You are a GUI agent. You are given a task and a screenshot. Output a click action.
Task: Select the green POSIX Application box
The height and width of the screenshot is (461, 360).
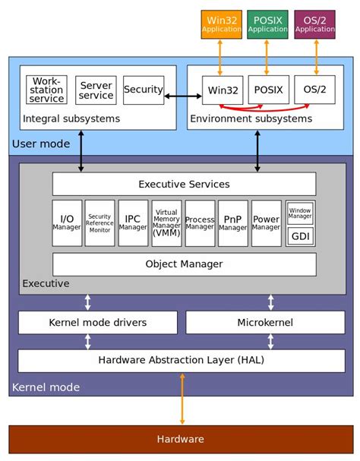click(268, 24)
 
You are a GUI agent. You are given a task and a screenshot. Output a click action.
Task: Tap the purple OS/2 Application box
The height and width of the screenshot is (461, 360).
click(314, 24)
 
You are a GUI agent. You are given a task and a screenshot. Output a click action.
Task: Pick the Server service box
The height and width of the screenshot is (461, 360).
click(96, 90)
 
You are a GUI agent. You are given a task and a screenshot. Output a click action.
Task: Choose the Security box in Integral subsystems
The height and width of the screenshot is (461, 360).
click(144, 90)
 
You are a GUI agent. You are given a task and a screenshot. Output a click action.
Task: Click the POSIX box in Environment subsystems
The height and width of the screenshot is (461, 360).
click(268, 90)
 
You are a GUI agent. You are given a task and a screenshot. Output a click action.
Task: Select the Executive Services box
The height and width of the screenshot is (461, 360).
click(184, 184)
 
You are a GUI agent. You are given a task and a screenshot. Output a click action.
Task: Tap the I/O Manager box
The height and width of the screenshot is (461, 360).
click(67, 223)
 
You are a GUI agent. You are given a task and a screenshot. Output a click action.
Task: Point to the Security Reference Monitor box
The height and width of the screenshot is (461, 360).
click(99, 223)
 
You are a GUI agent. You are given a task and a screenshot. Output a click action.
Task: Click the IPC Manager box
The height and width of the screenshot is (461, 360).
click(133, 223)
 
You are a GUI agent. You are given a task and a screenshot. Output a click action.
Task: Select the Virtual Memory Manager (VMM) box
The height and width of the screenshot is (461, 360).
click(166, 223)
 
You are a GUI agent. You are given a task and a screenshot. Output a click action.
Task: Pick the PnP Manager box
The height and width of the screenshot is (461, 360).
click(233, 223)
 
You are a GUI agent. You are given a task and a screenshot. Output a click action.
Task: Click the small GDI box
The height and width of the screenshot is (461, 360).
click(300, 236)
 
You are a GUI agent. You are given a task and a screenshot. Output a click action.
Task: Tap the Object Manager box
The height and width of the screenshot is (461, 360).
click(184, 264)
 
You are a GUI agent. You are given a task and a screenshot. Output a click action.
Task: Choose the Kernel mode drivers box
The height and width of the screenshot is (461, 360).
click(97, 323)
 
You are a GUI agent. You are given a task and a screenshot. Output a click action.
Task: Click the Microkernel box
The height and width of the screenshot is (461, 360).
click(264, 323)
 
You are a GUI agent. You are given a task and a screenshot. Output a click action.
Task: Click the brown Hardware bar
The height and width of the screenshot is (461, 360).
click(180, 439)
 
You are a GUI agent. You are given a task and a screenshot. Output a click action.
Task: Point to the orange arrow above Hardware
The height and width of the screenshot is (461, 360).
click(182, 399)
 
